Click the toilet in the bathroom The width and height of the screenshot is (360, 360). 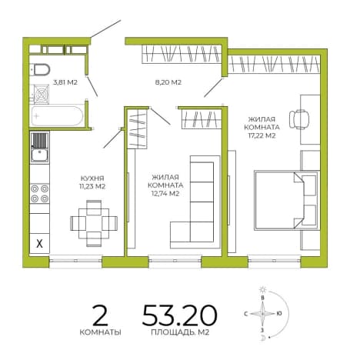click(x=41, y=69)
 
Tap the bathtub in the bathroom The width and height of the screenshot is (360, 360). click(x=57, y=115)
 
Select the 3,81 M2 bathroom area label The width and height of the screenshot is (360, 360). click(x=65, y=82)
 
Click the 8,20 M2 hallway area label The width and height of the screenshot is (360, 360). click(x=168, y=82)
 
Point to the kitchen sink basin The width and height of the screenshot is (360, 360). click(x=40, y=155)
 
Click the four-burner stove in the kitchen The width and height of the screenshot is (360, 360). click(x=40, y=194)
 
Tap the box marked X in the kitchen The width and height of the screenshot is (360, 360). click(x=39, y=243)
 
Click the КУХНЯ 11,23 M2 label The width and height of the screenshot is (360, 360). click(x=92, y=182)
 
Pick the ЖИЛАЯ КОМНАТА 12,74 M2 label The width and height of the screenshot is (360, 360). click(x=165, y=185)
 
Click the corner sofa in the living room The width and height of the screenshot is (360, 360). click(x=195, y=202)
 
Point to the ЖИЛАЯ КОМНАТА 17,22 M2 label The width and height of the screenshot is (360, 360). click(x=262, y=128)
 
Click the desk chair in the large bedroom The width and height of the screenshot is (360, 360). click(x=299, y=119)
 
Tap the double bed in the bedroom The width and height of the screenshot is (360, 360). click(x=286, y=200)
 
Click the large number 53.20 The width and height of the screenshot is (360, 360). click(x=180, y=315)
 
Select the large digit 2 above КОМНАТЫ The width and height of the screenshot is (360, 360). click(x=101, y=315)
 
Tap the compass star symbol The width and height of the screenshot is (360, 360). click(x=262, y=313)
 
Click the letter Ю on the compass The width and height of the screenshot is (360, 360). click(x=279, y=313)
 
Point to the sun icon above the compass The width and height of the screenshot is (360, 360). click(x=262, y=290)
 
